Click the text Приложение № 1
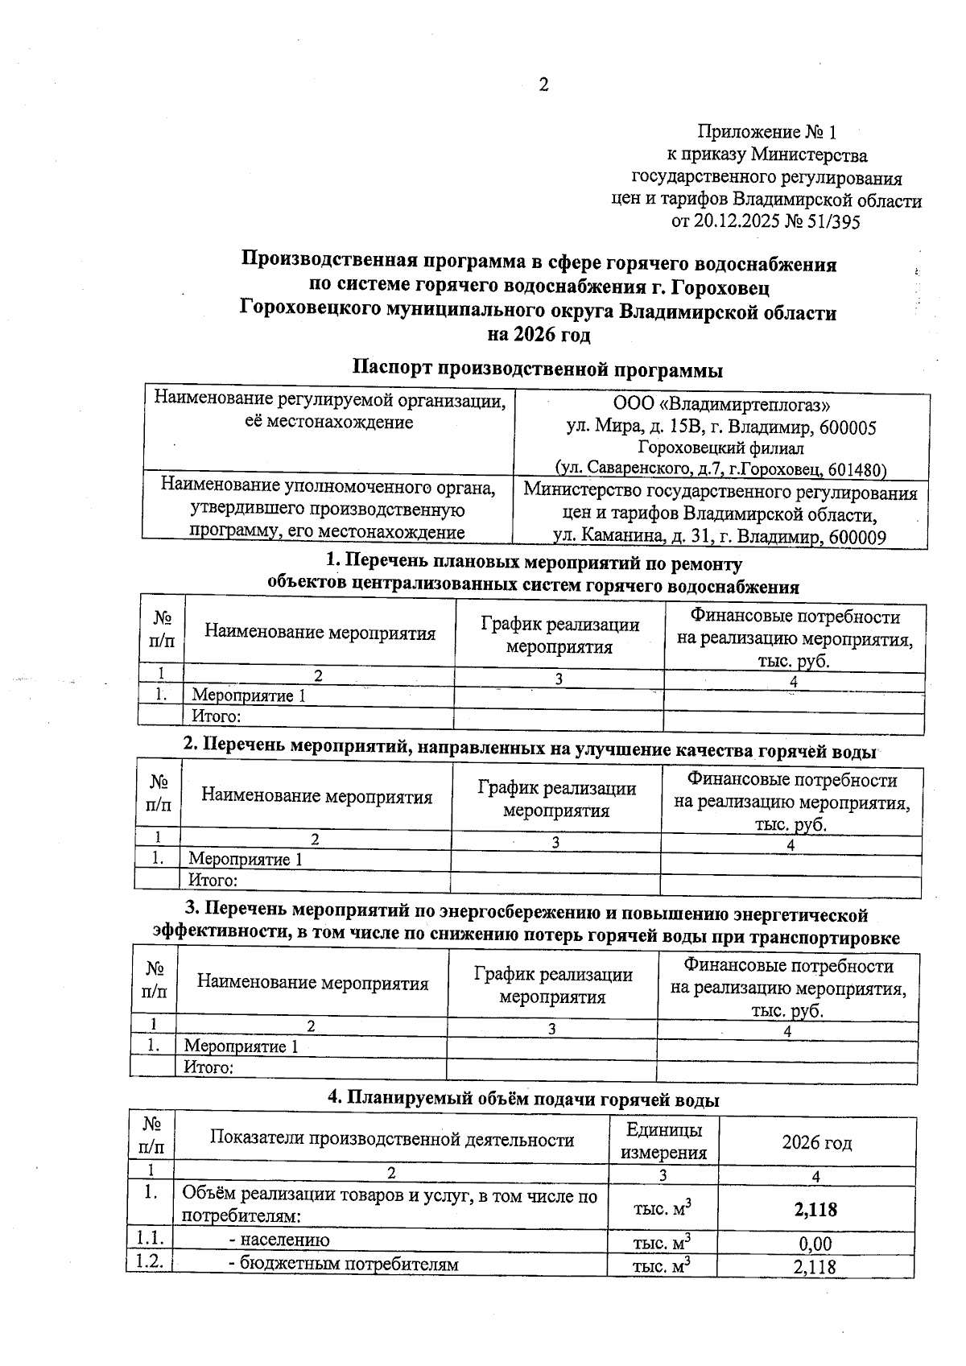pos(767,131)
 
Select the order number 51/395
pos(832,222)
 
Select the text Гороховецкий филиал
pos(721,448)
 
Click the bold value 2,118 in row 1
pos(815,1208)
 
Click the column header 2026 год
pos(816,1143)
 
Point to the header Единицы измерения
pos(663,1141)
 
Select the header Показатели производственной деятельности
pos(392,1139)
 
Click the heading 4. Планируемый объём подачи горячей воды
pos(522,1099)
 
